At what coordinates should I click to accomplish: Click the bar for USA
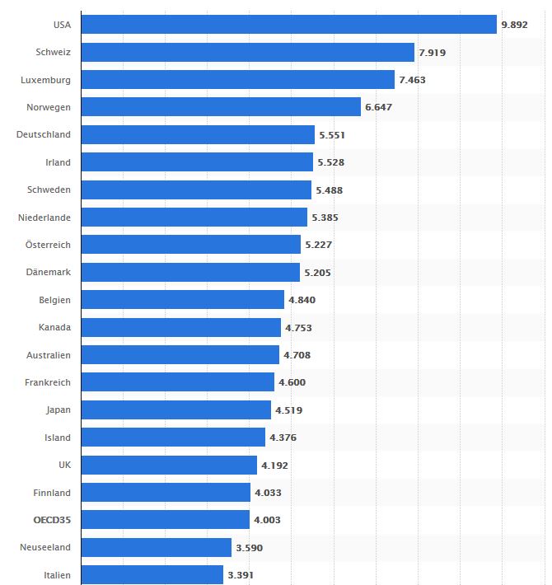[x=288, y=25]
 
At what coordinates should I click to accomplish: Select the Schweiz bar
[x=247, y=52]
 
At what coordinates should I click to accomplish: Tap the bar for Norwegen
[x=221, y=107]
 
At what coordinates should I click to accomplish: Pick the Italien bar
[x=152, y=575]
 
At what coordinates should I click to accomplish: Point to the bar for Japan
[x=176, y=409]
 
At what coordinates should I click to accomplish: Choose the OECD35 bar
[x=166, y=520]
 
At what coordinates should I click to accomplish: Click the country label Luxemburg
[x=46, y=80]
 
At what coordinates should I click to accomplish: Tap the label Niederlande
[x=44, y=218]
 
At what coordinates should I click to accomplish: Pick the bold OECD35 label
[x=52, y=520]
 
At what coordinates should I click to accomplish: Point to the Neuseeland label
[x=45, y=547]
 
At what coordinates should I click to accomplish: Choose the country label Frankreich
[x=47, y=382]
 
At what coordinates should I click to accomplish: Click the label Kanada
[x=54, y=327]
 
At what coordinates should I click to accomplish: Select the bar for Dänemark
[x=190, y=273]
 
